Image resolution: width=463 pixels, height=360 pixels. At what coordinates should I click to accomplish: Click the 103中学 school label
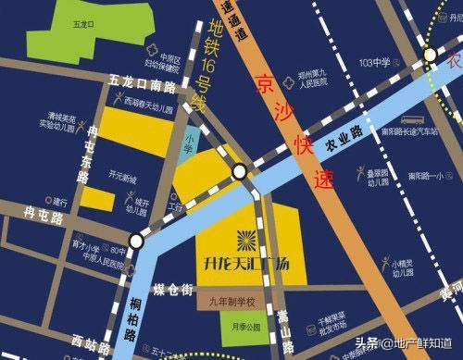coord(374,62)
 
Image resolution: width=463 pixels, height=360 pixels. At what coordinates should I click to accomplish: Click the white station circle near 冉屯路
coord(137,241)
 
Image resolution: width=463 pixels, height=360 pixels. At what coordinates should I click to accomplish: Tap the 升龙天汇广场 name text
coord(245,262)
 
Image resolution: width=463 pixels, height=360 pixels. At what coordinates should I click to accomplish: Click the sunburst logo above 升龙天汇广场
coord(246,238)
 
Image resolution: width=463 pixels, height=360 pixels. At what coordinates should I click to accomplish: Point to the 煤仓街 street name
coord(173,290)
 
